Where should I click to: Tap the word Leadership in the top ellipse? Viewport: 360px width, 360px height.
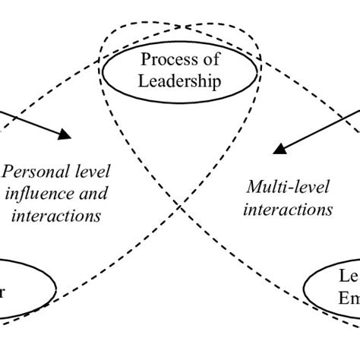point(181,79)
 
